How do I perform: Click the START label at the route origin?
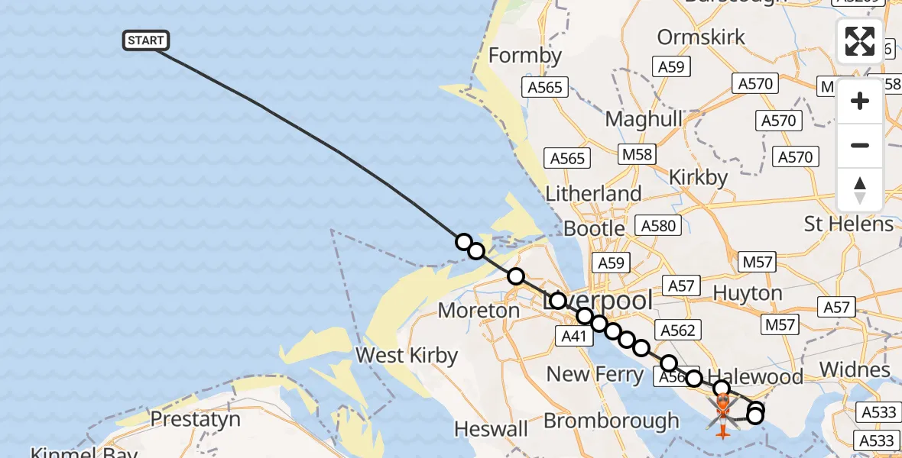(145, 40)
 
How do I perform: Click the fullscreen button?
(859, 41)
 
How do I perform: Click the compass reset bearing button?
(859, 190)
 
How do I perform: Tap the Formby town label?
(525, 56)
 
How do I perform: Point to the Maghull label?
(644, 119)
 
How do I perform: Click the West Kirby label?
(407, 356)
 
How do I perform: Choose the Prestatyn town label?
(195, 419)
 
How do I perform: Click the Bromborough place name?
(611, 421)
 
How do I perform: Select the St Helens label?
(848, 224)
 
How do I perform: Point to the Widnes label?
(855, 370)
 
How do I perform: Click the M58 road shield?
(637, 154)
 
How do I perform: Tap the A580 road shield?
(658, 226)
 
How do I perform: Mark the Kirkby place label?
(698, 177)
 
